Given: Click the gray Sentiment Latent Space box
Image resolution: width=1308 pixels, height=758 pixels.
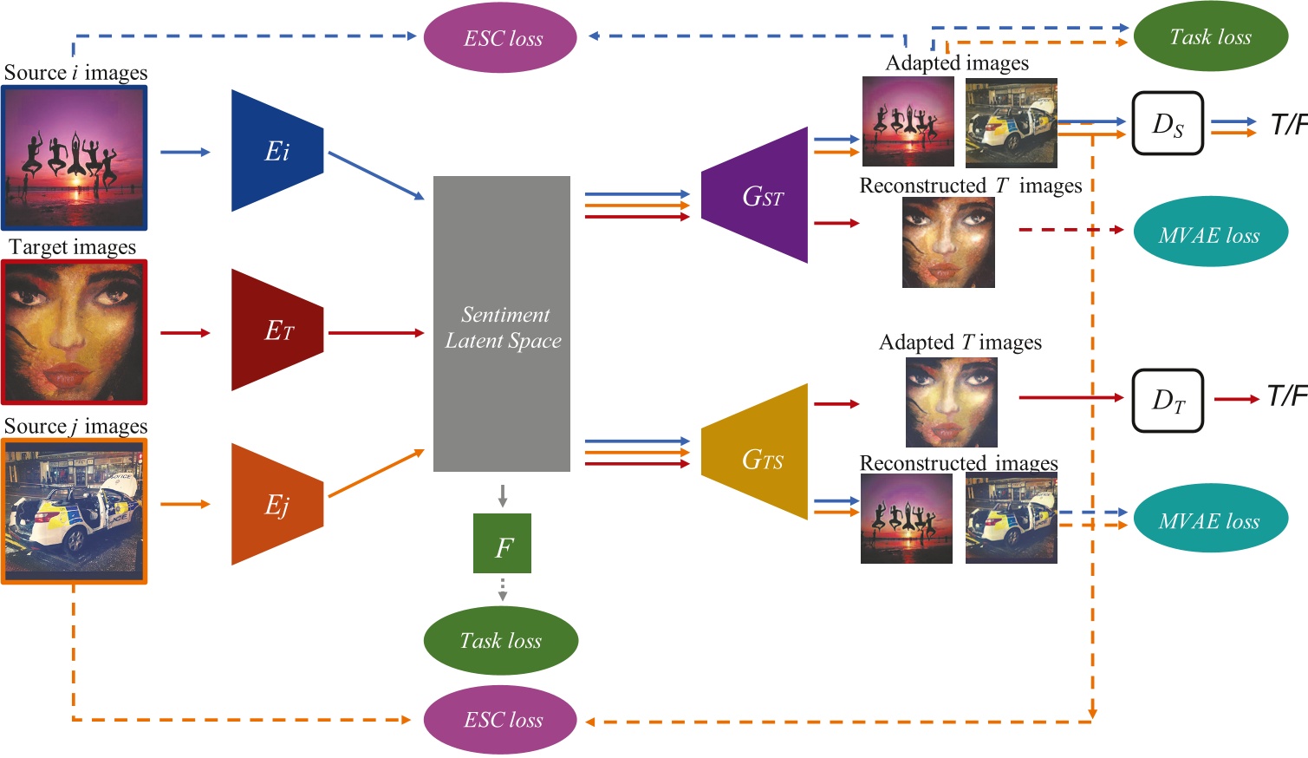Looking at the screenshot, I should (502, 323).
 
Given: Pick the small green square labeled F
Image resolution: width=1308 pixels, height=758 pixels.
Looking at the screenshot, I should (502, 544).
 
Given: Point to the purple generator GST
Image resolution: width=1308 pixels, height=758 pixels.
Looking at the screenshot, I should (756, 196).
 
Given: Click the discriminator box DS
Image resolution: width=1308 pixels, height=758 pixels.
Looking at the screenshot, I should (1168, 123).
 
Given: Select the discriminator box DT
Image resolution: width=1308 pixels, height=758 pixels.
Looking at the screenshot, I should (1168, 400).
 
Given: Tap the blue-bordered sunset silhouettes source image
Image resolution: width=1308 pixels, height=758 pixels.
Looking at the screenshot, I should (75, 157).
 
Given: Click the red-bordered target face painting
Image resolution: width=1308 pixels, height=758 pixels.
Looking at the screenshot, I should (75, 332).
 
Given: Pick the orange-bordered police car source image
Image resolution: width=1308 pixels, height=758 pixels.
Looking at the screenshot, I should (75, 511).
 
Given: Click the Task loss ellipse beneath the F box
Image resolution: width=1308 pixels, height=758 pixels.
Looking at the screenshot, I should (500, 641).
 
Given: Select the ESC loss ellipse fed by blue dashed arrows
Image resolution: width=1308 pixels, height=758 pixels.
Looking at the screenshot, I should (500, 38).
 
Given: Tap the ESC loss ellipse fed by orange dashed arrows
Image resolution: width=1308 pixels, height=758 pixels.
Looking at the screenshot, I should (500, 720).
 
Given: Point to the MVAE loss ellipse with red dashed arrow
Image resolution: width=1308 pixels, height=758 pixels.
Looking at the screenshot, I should (1210, 232).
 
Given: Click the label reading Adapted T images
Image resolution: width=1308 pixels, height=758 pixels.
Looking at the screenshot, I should (960, 343).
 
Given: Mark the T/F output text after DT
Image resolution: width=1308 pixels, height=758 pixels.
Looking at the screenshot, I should (1286, 396).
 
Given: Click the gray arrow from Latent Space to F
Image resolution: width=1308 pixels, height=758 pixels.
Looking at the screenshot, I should (502, 495).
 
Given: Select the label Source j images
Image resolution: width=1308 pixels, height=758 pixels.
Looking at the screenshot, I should (75, 427).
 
